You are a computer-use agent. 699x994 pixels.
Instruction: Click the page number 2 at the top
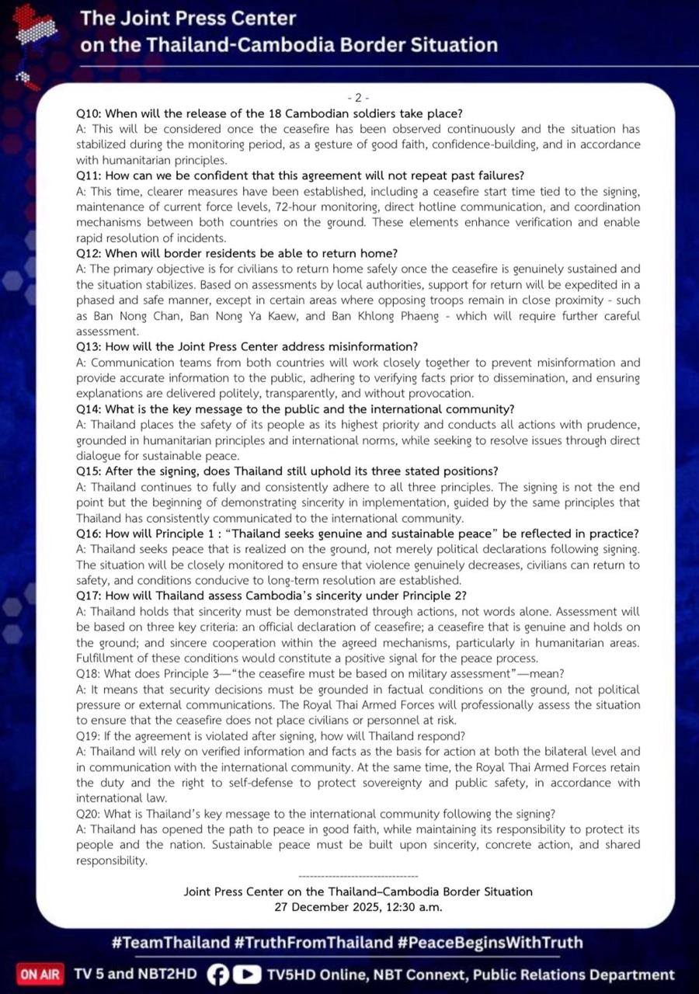358,97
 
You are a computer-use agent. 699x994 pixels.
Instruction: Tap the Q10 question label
88,113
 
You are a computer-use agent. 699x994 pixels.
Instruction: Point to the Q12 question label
88,253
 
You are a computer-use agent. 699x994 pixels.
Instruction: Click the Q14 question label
88,409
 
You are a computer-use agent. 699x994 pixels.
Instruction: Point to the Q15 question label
88,471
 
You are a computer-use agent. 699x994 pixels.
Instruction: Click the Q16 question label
88,533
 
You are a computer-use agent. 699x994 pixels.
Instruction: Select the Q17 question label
88,596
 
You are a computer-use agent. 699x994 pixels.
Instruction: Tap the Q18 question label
88,673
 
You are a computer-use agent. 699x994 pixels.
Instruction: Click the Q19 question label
88,736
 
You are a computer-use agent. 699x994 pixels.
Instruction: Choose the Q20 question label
89,814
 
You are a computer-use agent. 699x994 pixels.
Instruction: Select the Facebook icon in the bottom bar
219,975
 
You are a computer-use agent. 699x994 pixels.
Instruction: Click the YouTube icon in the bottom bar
247,975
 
